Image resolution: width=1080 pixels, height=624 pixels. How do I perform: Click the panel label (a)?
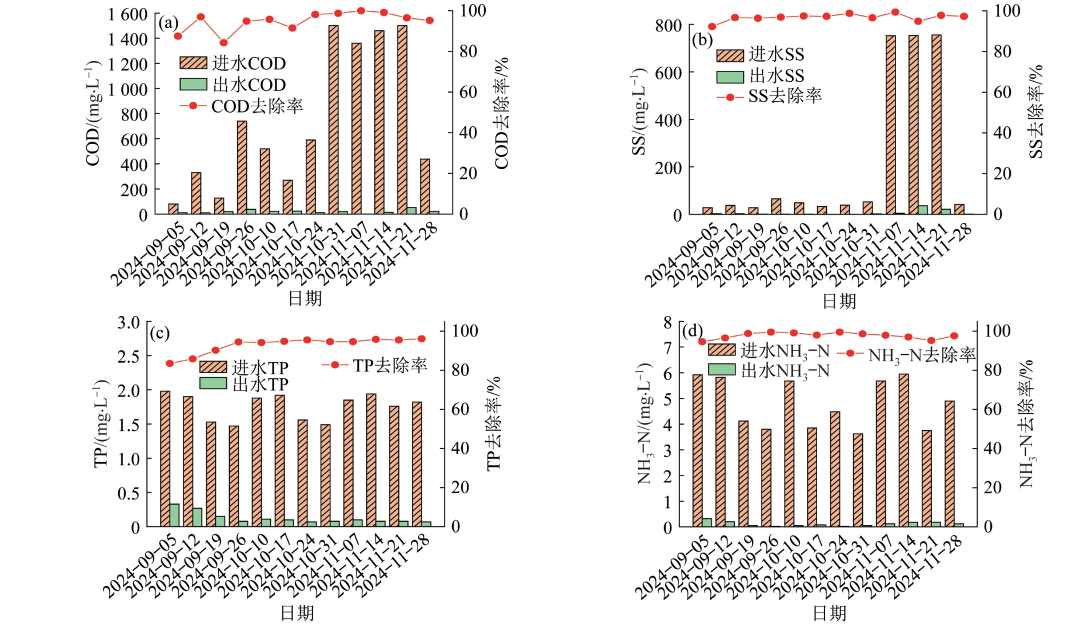coord(168,23)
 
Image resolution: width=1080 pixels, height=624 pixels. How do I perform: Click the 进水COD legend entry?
coord(233,63)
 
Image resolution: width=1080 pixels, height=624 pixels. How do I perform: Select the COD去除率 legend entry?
coord(241,106)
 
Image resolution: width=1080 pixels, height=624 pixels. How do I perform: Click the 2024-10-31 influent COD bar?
coord(333,120)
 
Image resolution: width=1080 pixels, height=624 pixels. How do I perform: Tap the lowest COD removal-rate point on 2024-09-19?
coord(223,43)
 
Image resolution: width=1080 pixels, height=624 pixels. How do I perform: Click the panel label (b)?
coord(702,40)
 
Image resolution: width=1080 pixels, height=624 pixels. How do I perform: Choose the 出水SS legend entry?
coord(760,76)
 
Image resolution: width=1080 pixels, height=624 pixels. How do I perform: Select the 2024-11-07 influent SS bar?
coord(890,125)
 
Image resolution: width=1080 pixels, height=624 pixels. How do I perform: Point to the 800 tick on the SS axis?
coord(668,26)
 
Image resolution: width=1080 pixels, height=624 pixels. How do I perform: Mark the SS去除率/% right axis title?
coord(1035,111)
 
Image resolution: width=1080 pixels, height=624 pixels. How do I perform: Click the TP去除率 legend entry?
coord(375,365)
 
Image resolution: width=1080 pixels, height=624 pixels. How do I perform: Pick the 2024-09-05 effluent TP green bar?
coord(174,515)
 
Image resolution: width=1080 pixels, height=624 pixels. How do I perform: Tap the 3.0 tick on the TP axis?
coord(129,323)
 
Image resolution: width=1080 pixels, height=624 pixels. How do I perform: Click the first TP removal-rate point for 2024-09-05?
coord(170,363)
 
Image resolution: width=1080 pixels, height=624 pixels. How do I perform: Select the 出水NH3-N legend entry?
coord(769,371)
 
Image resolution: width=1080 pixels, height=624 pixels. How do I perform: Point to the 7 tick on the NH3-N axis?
coord(667,347)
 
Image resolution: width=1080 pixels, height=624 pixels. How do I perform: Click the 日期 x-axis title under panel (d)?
coord(829,613)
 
